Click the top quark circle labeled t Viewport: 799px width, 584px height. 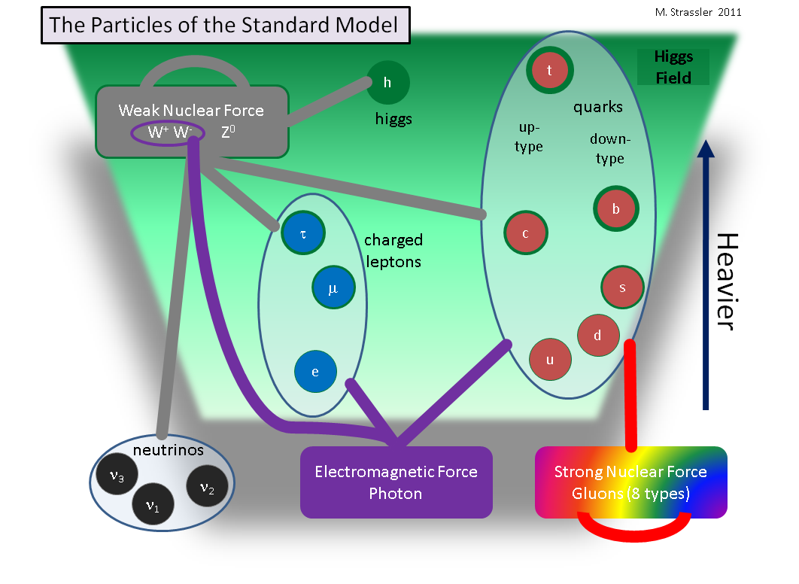550,71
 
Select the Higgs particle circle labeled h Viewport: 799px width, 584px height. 387,83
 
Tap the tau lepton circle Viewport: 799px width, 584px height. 302,233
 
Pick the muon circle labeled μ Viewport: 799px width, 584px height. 333,287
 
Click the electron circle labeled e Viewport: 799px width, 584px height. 315,372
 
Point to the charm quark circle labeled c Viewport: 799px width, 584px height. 525,233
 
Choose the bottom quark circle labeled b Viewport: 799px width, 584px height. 615,209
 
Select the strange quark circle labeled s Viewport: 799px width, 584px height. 622,287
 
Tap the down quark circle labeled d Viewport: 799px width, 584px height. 598,336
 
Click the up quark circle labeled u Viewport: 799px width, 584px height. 550,360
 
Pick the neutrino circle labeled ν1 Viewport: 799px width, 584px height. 153,504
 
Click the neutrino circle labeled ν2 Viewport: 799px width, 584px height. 207,488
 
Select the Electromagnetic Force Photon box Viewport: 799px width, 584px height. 396,482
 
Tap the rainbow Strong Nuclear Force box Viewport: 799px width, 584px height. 630,482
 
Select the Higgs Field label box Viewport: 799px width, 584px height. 663,67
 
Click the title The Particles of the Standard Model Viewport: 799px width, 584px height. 224,26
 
